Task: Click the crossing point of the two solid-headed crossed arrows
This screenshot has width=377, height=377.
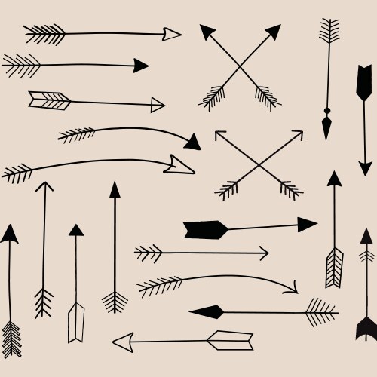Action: coord(241,67)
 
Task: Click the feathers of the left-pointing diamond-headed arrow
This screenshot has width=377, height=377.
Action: coord(321,311)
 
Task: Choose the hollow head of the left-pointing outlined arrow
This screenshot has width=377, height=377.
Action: coord(122,341)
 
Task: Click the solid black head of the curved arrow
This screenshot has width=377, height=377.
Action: coord(193,142)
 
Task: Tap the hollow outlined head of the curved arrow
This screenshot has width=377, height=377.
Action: coord(182,163)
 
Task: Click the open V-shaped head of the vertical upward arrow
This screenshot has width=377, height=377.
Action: coord(44,187)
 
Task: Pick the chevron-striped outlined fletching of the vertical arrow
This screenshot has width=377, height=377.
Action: coord(334,267)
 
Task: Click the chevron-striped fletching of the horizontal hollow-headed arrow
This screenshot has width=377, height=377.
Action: coord(50,100)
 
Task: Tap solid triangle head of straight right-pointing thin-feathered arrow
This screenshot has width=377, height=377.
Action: coord(140,66)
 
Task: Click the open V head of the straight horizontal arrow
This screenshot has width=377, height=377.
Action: coord(262,253)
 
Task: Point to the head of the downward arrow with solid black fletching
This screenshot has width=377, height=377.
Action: coord(366,167)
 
